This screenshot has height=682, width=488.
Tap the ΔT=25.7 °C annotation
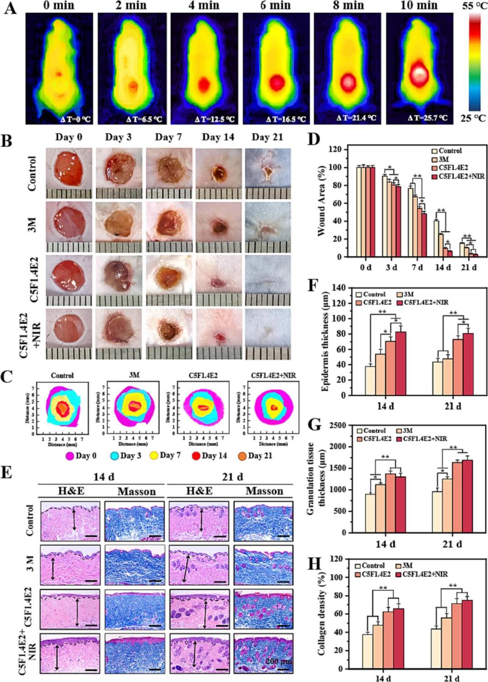[427, 118]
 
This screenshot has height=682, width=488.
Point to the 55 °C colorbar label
[474, 6]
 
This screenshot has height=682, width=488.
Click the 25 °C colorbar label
[474, 118]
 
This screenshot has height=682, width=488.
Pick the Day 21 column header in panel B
[267, 137]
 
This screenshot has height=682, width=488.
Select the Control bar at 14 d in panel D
[436, 239]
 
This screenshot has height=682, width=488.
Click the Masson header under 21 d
[264, 491]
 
